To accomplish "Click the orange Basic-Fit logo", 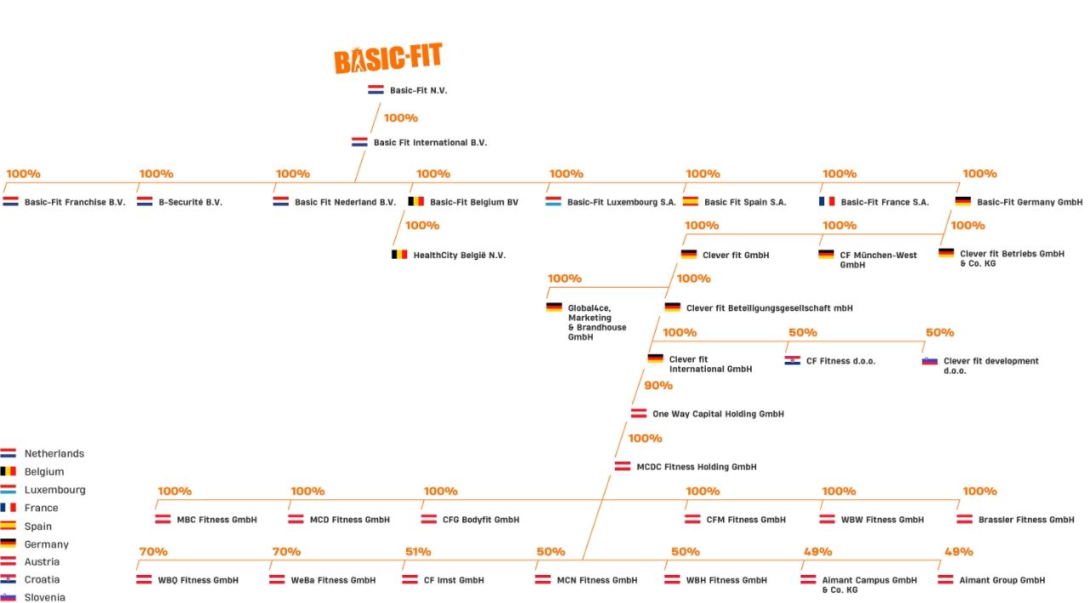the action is pyautogui.click(x=387, y=59).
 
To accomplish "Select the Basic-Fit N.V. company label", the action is pyautogui.click(x=418, y=90).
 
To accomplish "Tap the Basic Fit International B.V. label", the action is pyautogui.click(x=430, y=142).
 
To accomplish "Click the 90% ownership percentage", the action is pyautogui.click(x=658, y=386).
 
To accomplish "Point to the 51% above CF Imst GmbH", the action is pyautogui.click(x=418, y=552).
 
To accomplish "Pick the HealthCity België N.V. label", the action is pyautogui.click(x=459, y=255).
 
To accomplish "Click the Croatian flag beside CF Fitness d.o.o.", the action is pyautogui.click(x=792, y=360).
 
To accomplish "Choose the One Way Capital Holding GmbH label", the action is pyautogui.click(x=718, y=414).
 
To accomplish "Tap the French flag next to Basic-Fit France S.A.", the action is pyautogui.click(x=827, y=202).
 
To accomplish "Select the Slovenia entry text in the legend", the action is pyautogui.click(x=45, y=597).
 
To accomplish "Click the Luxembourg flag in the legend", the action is pyautogui.click(x=9, y=489).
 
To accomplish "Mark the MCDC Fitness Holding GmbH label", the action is pyautogui.click(x=697, y=468).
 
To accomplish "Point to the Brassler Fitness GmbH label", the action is pyautogui.click(x=1026, y=520).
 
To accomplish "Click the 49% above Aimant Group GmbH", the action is pyautogui.click(x=959, y=552).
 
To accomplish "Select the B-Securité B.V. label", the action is pyautogui.click(x=190, y=203).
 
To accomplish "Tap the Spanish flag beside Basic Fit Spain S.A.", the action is pyautogui.click(x=691, y=202).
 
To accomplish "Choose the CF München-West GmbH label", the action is pyautogui.click(x=878, y=260).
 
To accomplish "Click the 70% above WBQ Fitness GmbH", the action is pyautogui.click(x=153, y=552).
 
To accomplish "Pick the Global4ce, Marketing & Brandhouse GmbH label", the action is pyautogui.click(x=597, y=322).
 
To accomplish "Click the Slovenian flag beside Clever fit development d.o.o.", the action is pyautogui.click(x=929, y=361).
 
